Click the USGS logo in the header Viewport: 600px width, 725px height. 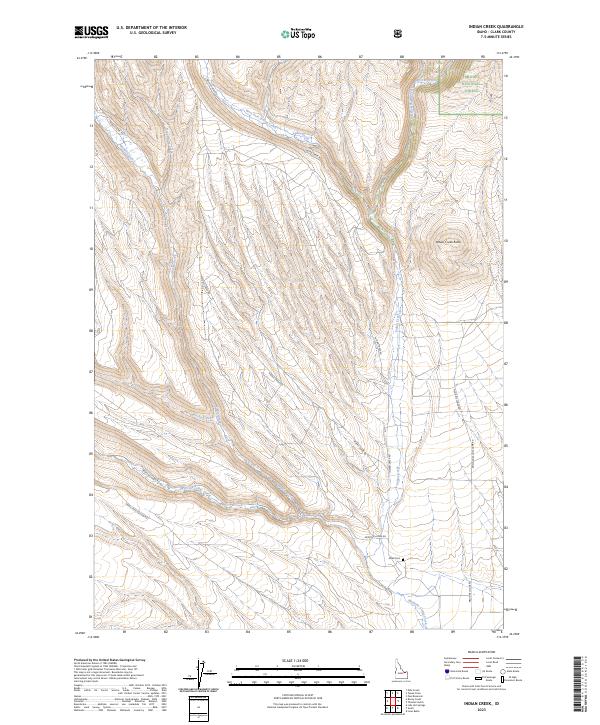[x=92, y=32]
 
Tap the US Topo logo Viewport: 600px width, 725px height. [x=299, y=33]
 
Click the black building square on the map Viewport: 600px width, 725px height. [x=403, y=559]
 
